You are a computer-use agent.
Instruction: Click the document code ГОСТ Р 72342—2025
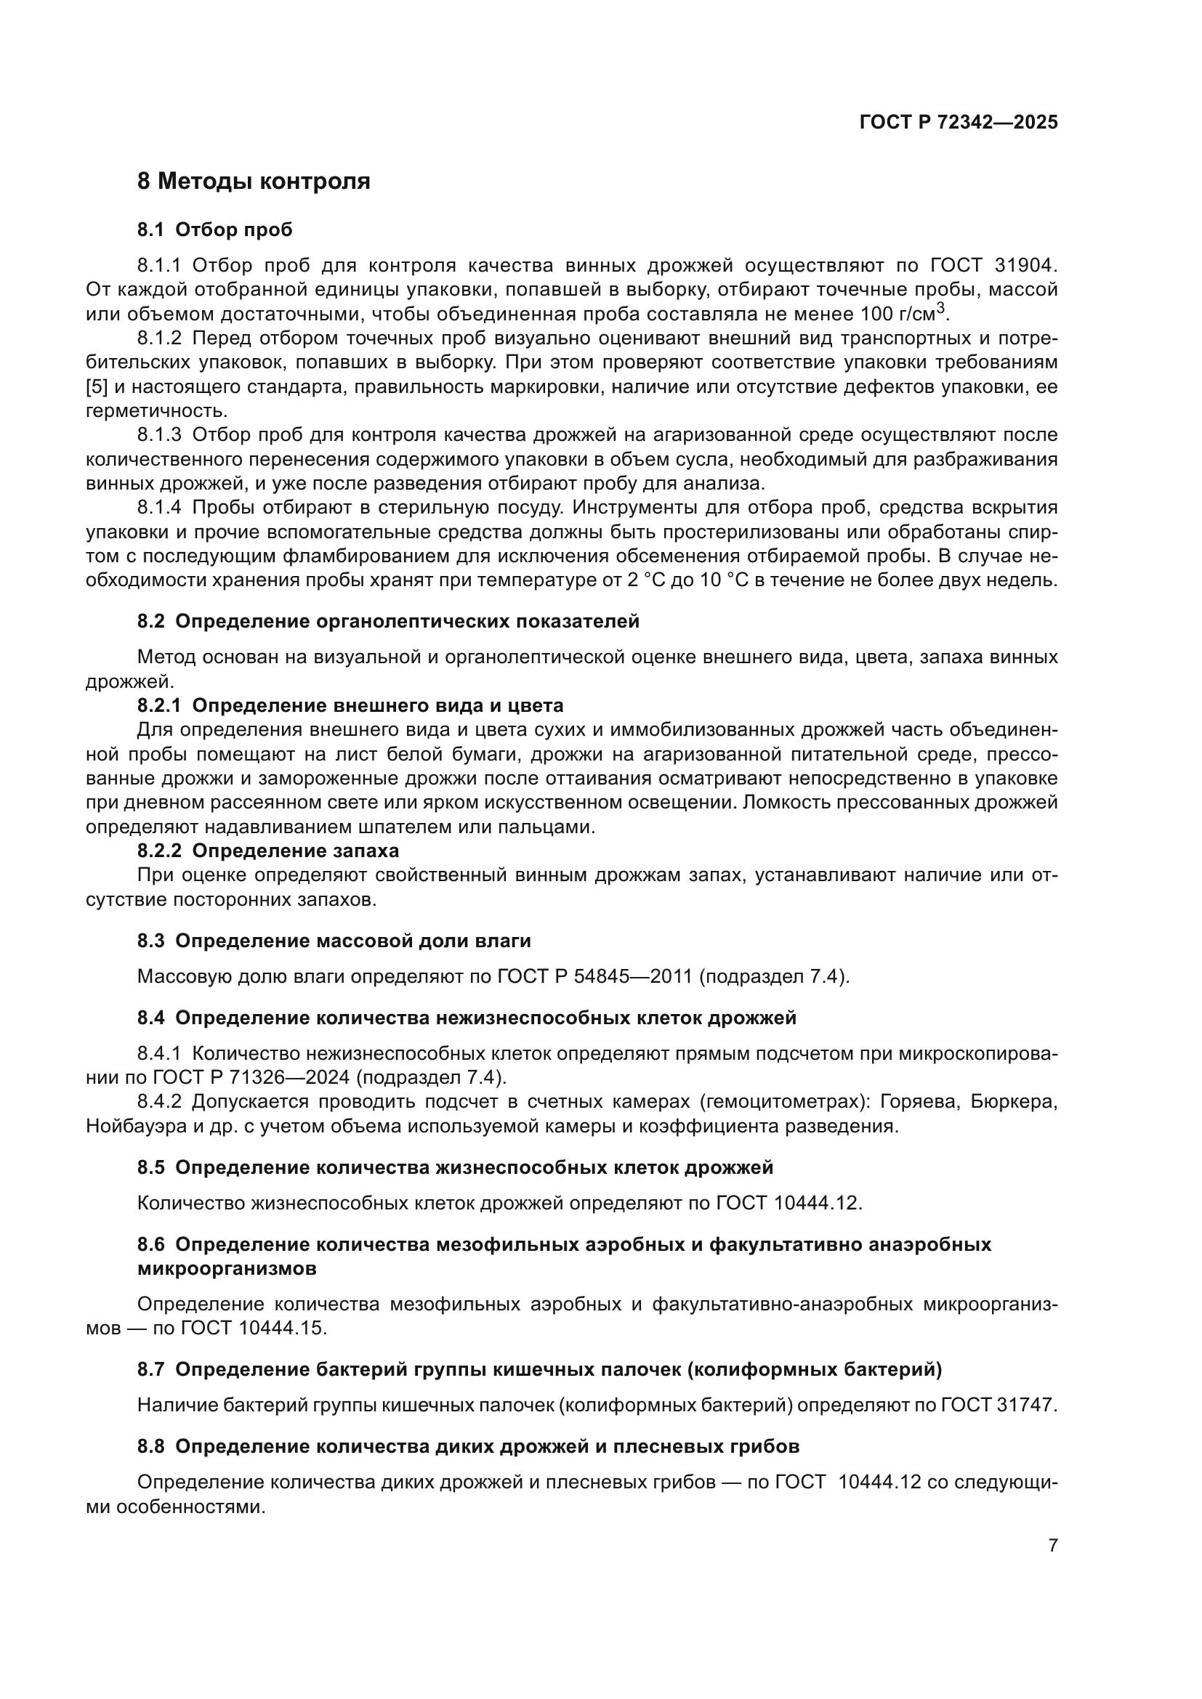pyautogui.click(x=958, y=122)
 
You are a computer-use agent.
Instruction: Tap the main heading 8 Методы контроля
pyautogui.click(x=253, y=182)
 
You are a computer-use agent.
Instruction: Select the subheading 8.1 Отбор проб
pyautogui.click(x=214, y=230)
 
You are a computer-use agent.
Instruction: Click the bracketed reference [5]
pyautogui.click(x=97, y=387)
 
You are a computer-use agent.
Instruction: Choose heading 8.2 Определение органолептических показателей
pyautogui.click(x=388, y=622)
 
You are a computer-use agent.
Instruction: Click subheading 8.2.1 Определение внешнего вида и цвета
pyautogui.click(x=350, y=705)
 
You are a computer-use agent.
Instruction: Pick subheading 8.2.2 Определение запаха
pyautogui.click(x=268, y=851)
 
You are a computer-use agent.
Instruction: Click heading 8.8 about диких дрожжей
pyautogui.click(x=468, y=1447)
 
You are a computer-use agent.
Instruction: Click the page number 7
pyautogui.click(x=1052, y=1546)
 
